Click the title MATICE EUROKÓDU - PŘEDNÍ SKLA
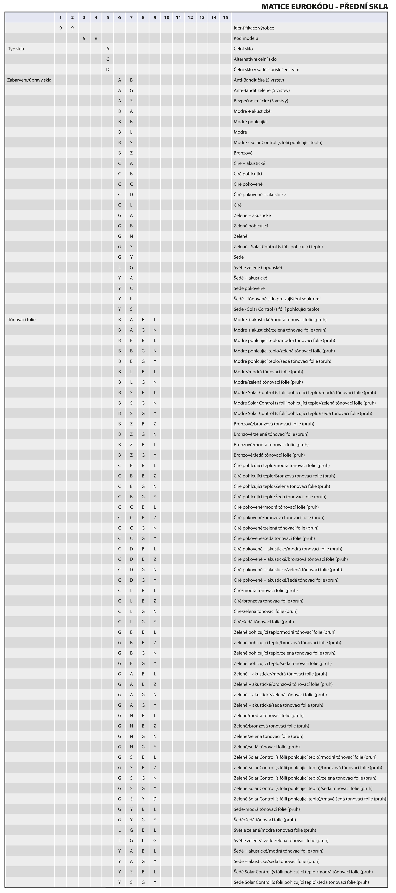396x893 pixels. [x=325, y=6]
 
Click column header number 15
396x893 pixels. [x=225, y=17]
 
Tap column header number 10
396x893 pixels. [x=167, y=17]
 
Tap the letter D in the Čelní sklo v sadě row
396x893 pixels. [x=108, y=70]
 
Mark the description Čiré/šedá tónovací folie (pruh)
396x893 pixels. [x=264, y=621]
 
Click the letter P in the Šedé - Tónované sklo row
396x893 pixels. [x=131, y=299]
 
